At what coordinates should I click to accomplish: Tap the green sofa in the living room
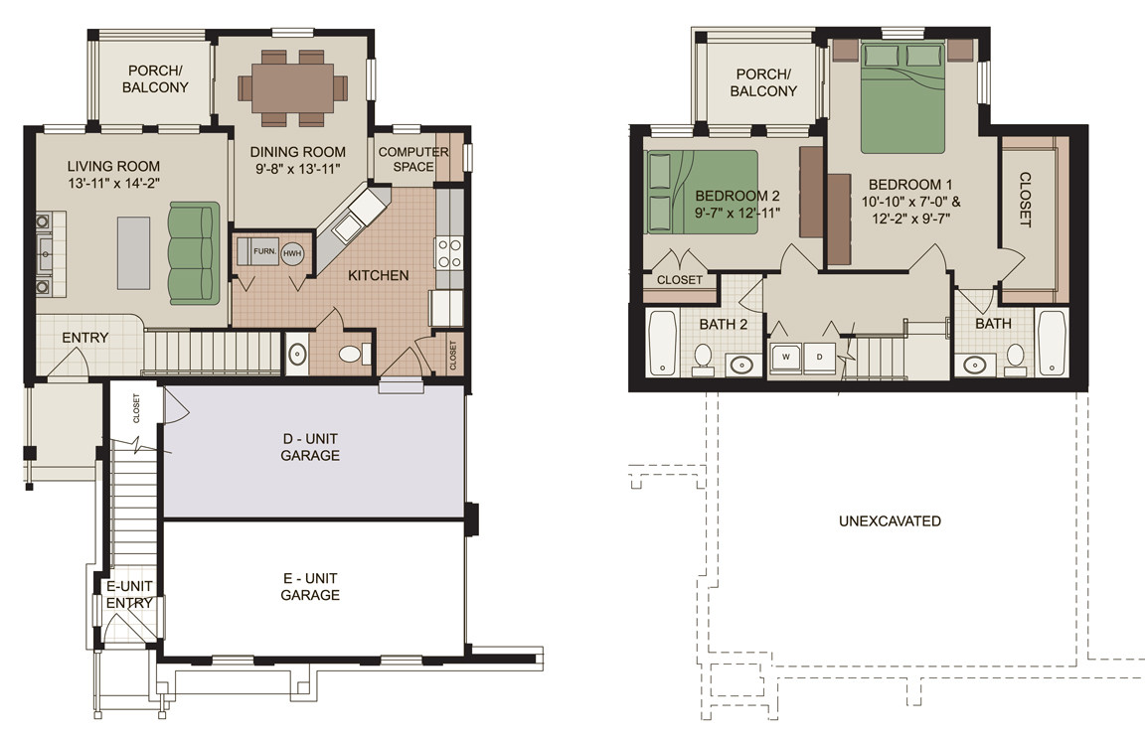193,252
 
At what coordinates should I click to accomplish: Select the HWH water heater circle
292,253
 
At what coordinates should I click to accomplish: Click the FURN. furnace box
263,251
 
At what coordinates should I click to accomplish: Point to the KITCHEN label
378,275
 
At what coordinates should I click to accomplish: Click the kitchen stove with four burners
449,252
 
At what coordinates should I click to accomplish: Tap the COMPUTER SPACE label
413,159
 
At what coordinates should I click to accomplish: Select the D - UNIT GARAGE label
311,447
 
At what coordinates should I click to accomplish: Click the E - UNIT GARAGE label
311,586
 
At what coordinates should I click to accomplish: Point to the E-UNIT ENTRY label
129,594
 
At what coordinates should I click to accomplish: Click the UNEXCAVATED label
889,520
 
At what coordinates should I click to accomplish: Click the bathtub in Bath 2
661,343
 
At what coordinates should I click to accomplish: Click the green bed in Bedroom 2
700,192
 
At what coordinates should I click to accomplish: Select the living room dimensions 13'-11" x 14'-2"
112,184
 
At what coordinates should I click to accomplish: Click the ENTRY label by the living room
84,338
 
